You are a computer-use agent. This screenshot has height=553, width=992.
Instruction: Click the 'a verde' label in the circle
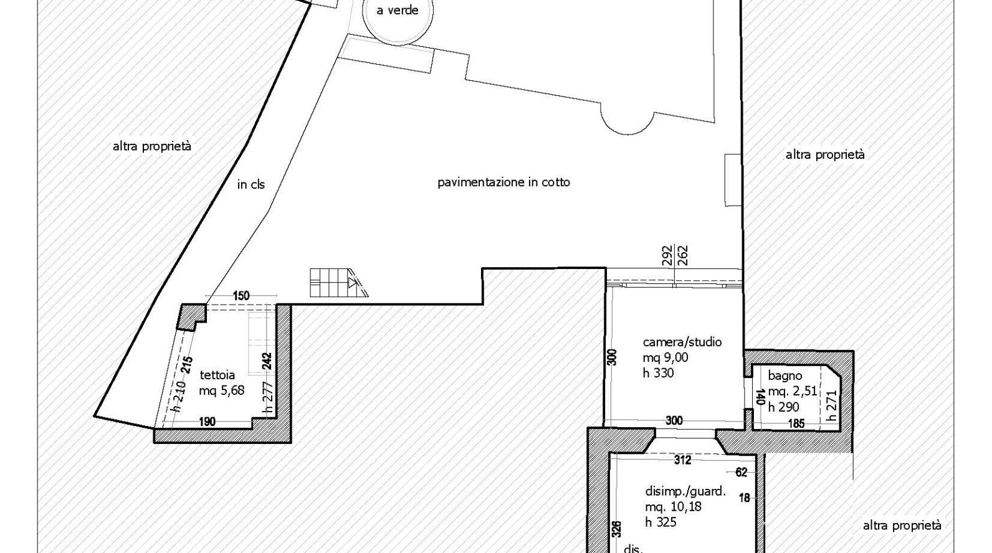pyautogui.click(x=398, y=11)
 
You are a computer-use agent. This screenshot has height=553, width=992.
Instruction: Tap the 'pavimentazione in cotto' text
pyautogui.click(x=503, y=182)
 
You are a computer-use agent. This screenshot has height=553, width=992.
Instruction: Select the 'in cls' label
pyautogui.click(x=250, y=184)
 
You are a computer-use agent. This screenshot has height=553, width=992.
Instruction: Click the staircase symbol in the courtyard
pyautogui.click(x=339, y=283)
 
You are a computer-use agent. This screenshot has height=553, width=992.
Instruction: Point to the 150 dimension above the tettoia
pyautogui.click(x=241, y=295)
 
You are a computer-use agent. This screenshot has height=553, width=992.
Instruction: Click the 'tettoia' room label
pyautogui.click(x=217, y=375)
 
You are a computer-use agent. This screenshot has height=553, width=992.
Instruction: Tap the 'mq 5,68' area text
pyautogui.click(x=221, y=391)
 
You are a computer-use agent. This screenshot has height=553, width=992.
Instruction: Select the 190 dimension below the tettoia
pyautogui.click(x=207, y=422)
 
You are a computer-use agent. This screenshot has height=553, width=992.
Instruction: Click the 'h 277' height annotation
pyautogui.click(x=267, y=399)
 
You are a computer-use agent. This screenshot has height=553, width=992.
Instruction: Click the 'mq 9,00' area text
pyautogui.click(x=665, y=357)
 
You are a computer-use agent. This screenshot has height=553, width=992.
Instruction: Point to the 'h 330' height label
pyautogui.click(x=658, y=373)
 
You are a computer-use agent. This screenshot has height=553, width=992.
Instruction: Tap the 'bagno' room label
pyautogui.click(x=785, y=376)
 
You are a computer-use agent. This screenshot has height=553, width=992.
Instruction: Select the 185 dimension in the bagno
pyautogui.click(x=796, y=423)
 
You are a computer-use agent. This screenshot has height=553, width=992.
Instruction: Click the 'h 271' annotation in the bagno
pyautogui.click(x=831, y=405)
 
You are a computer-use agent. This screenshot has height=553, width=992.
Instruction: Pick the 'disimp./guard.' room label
pyautogui.click(x=685, y=491)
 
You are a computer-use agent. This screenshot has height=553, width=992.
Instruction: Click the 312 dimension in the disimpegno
pyautogui.click(x=682, y=460)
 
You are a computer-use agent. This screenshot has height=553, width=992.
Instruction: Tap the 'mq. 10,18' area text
pyautogui.click(x=673, y=506)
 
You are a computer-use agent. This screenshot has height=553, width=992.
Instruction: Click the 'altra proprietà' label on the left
pyautogui.click(x=152, y=146)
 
